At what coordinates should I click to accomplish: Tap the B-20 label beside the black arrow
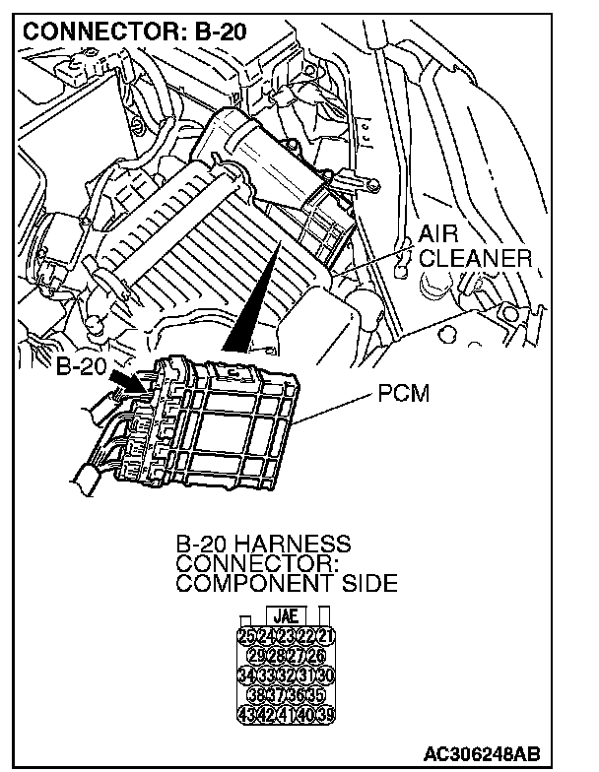pyautogui.click(x=78, y=367)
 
